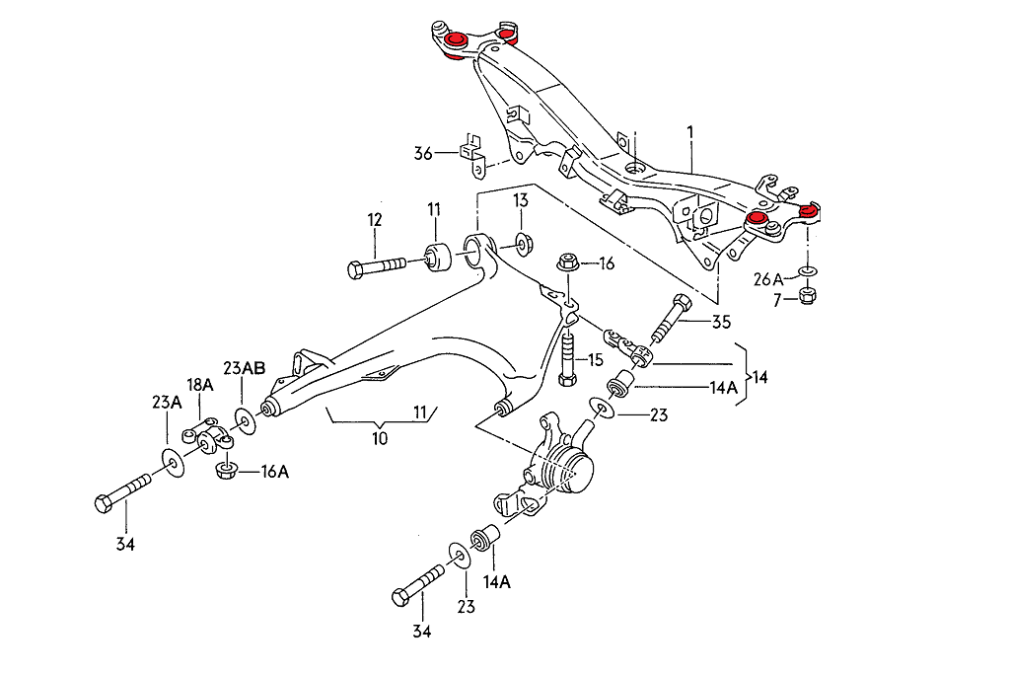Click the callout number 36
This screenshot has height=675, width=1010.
tap(423, 153)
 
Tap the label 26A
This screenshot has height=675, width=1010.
tap(768, 279)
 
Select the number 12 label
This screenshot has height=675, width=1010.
tap(375, 220)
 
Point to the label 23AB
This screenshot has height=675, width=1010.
tap(244, 368)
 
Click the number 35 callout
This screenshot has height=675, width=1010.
tap(721, 321)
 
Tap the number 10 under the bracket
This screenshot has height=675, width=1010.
tap(380, 438)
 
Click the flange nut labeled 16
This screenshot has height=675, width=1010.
tap(567, 263)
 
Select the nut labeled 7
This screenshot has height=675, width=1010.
tap(806, 295)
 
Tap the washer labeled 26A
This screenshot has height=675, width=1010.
tap(807, 269)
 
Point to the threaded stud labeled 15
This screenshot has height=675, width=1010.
tap(566, 361)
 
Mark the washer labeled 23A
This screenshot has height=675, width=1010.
tap(171, 462)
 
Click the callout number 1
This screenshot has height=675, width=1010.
tap(690, 131)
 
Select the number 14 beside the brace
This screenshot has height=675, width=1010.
tap(759, 377)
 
